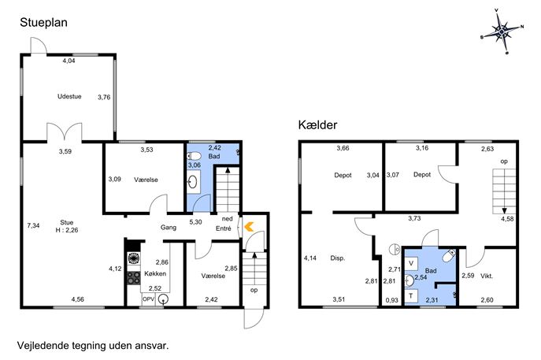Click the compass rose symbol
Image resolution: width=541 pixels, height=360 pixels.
[x=502, y=32]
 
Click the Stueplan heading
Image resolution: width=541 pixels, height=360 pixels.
[x=43, y=23]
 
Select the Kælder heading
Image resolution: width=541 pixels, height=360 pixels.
[x=317, y=125]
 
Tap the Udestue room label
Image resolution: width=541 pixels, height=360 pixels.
[x=69, y=96]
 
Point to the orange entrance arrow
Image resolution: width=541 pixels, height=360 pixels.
[x=249, y=226]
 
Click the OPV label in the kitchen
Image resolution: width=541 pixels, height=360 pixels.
[x=148, y=299]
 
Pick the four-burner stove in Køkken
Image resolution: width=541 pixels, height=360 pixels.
[x=134, y=277]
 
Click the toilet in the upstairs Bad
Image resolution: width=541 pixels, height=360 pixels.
[x=194, y=156]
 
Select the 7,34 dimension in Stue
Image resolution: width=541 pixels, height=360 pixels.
[x=33, y=226]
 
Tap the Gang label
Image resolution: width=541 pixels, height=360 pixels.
[x=169, y=228]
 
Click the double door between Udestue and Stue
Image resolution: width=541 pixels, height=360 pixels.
[x=65, y=132]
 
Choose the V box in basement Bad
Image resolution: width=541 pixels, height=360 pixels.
[x=411, y=264]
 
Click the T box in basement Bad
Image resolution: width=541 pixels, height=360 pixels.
[x=411, y=296]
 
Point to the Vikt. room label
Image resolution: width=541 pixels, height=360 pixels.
[x=487, y=276]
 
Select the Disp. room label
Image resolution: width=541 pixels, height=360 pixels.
[x=337, y=258]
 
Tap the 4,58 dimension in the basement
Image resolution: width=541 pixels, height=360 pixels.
[x=507, y=218]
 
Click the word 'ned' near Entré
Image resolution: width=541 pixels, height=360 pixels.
[x=227, y=219]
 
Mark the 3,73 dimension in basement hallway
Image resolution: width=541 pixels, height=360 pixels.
[x=414, y=218]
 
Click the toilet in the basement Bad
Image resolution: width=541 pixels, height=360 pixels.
[x=449, y=255]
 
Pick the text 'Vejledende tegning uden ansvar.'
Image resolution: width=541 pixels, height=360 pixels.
[x=93, y=346]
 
